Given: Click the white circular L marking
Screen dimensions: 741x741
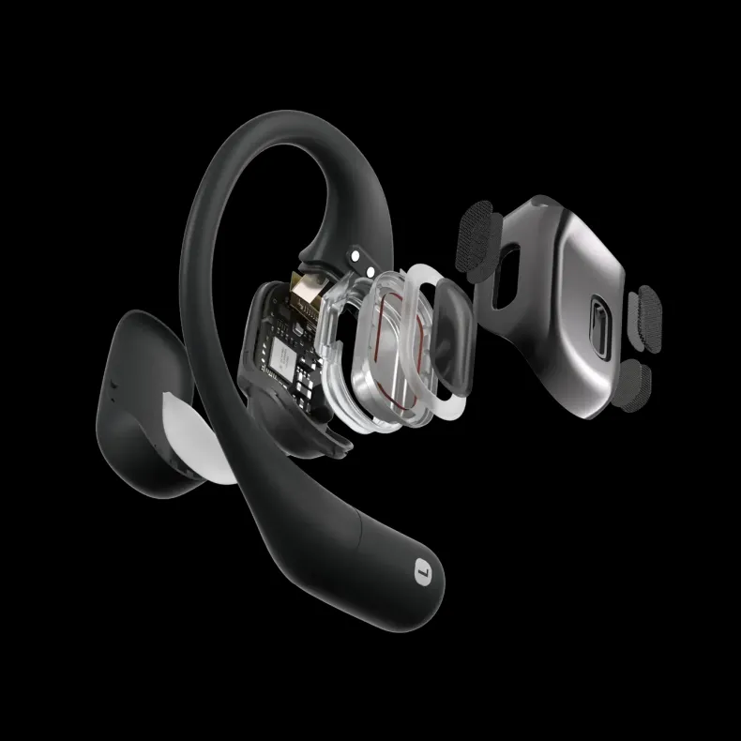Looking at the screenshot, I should coord(420,567).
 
